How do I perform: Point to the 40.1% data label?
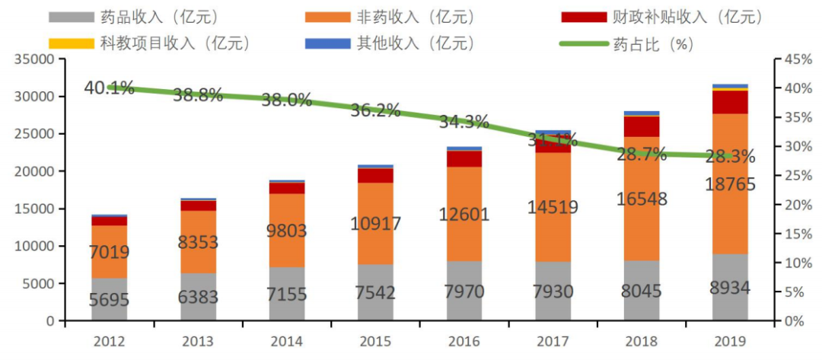110,88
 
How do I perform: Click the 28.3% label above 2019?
730,158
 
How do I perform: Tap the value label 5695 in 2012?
110,301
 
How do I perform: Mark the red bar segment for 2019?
730,102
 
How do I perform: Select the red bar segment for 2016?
464,159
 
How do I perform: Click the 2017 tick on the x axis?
553,340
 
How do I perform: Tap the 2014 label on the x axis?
287,340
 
